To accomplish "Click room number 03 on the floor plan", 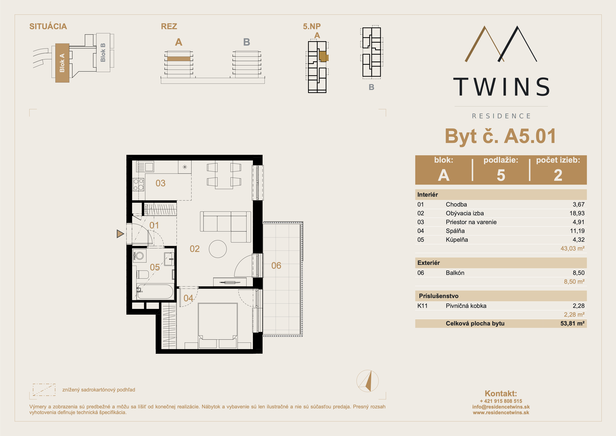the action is coord(160,183).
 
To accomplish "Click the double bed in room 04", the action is coord(218,326).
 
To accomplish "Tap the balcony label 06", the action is coord(276,265).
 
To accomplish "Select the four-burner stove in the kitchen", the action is coord(139,185).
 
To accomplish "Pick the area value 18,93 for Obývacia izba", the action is coord(577,213).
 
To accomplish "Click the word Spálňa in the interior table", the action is coord(455,231).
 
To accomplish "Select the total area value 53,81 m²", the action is coord(572,323).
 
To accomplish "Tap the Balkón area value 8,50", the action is coord(578,273).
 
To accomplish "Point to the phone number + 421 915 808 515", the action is coord(501,401).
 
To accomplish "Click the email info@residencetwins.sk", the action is coord(501,407).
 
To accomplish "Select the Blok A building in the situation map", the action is coord(62,63).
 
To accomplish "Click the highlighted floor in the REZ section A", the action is coord(179,59).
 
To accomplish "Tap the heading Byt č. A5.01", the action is coord(500,136).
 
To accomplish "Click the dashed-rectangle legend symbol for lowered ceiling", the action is coord(44,390).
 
